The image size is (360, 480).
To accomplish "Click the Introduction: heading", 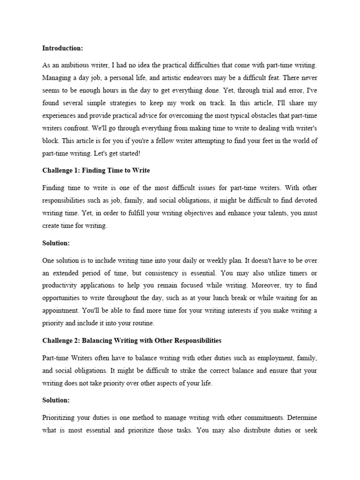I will (x=62, y=48).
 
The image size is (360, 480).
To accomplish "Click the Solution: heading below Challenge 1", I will (x=56, y=243).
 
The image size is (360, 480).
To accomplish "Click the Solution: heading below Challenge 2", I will (x=56, y=401).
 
